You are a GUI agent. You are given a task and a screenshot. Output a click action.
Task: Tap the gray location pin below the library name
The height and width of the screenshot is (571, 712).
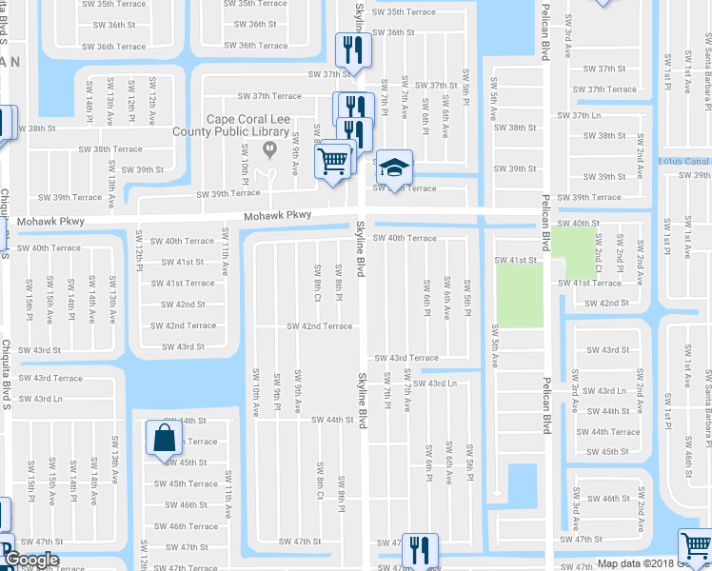click(x=268, y=148)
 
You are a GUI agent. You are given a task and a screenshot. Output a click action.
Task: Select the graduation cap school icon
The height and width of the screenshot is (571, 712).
click(x=393, y=168)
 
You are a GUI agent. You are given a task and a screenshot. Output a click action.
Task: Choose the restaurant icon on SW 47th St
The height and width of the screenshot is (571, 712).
click(x=417, y=550)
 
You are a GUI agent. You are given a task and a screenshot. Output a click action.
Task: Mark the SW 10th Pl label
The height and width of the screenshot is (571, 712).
click(x=245, y=162)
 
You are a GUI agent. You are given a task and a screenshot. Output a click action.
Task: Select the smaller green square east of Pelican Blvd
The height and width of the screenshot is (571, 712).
click(x=571, y=250)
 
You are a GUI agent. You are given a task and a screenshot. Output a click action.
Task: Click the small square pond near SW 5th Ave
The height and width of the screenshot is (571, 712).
click(x=523, y=481)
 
